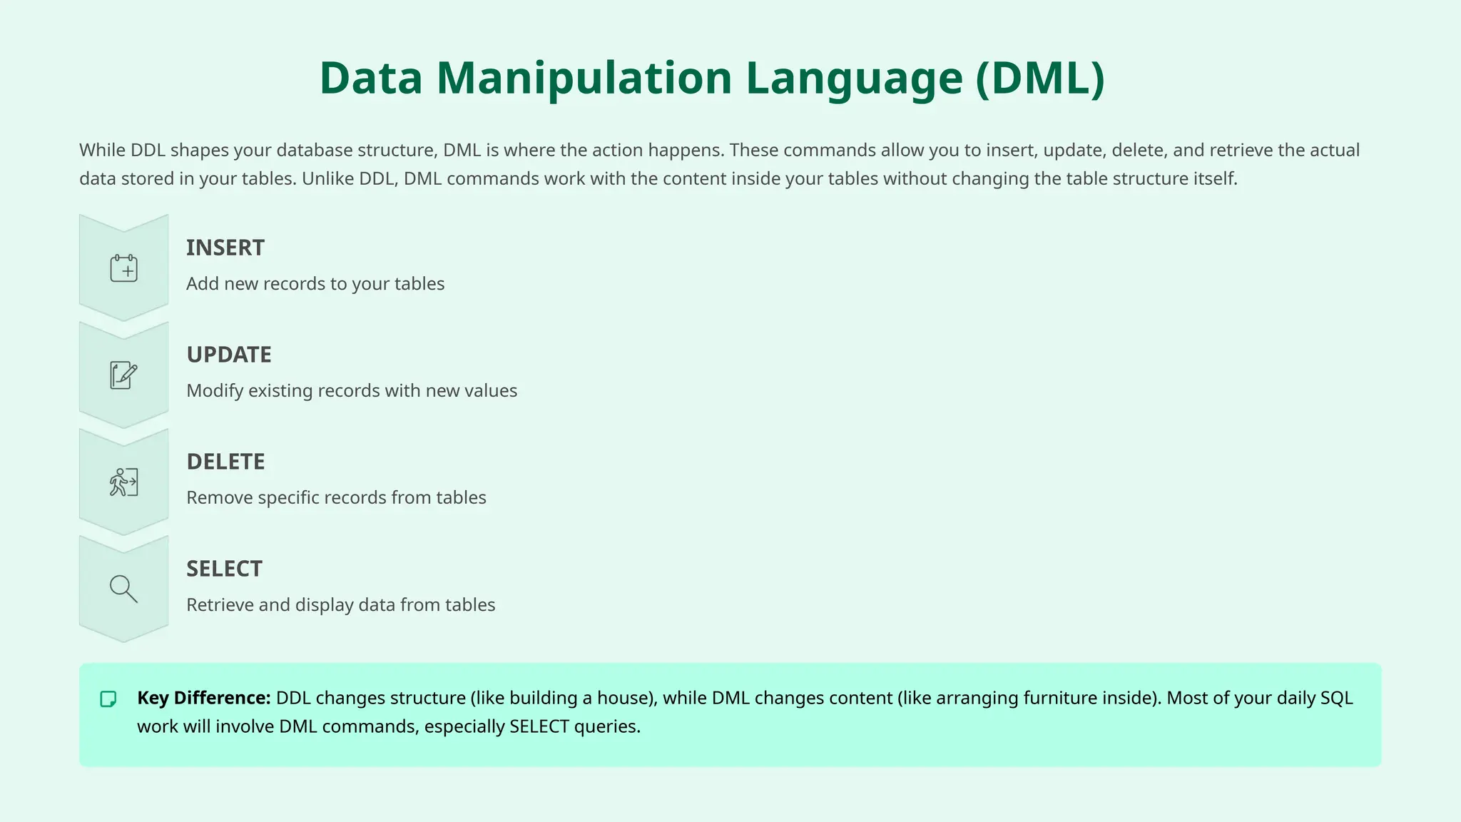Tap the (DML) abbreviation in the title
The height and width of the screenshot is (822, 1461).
tap(1040, 78)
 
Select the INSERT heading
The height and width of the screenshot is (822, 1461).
tap(225, 248)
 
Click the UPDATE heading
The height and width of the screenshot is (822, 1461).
tap(229, 355)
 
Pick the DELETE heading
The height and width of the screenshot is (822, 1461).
tap(225, 462)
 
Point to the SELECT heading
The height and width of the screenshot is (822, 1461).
tap(224, 569)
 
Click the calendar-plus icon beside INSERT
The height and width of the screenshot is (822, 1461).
tap(123, 268)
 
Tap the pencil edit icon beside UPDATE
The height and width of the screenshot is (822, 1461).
tap(123, 375)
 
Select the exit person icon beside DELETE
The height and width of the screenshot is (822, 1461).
tap(123, 482)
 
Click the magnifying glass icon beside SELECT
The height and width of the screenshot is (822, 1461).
tap(123, 589)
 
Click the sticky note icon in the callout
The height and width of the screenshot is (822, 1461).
tap(108, 699)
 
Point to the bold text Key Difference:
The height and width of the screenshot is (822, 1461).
tap(203, 698)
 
